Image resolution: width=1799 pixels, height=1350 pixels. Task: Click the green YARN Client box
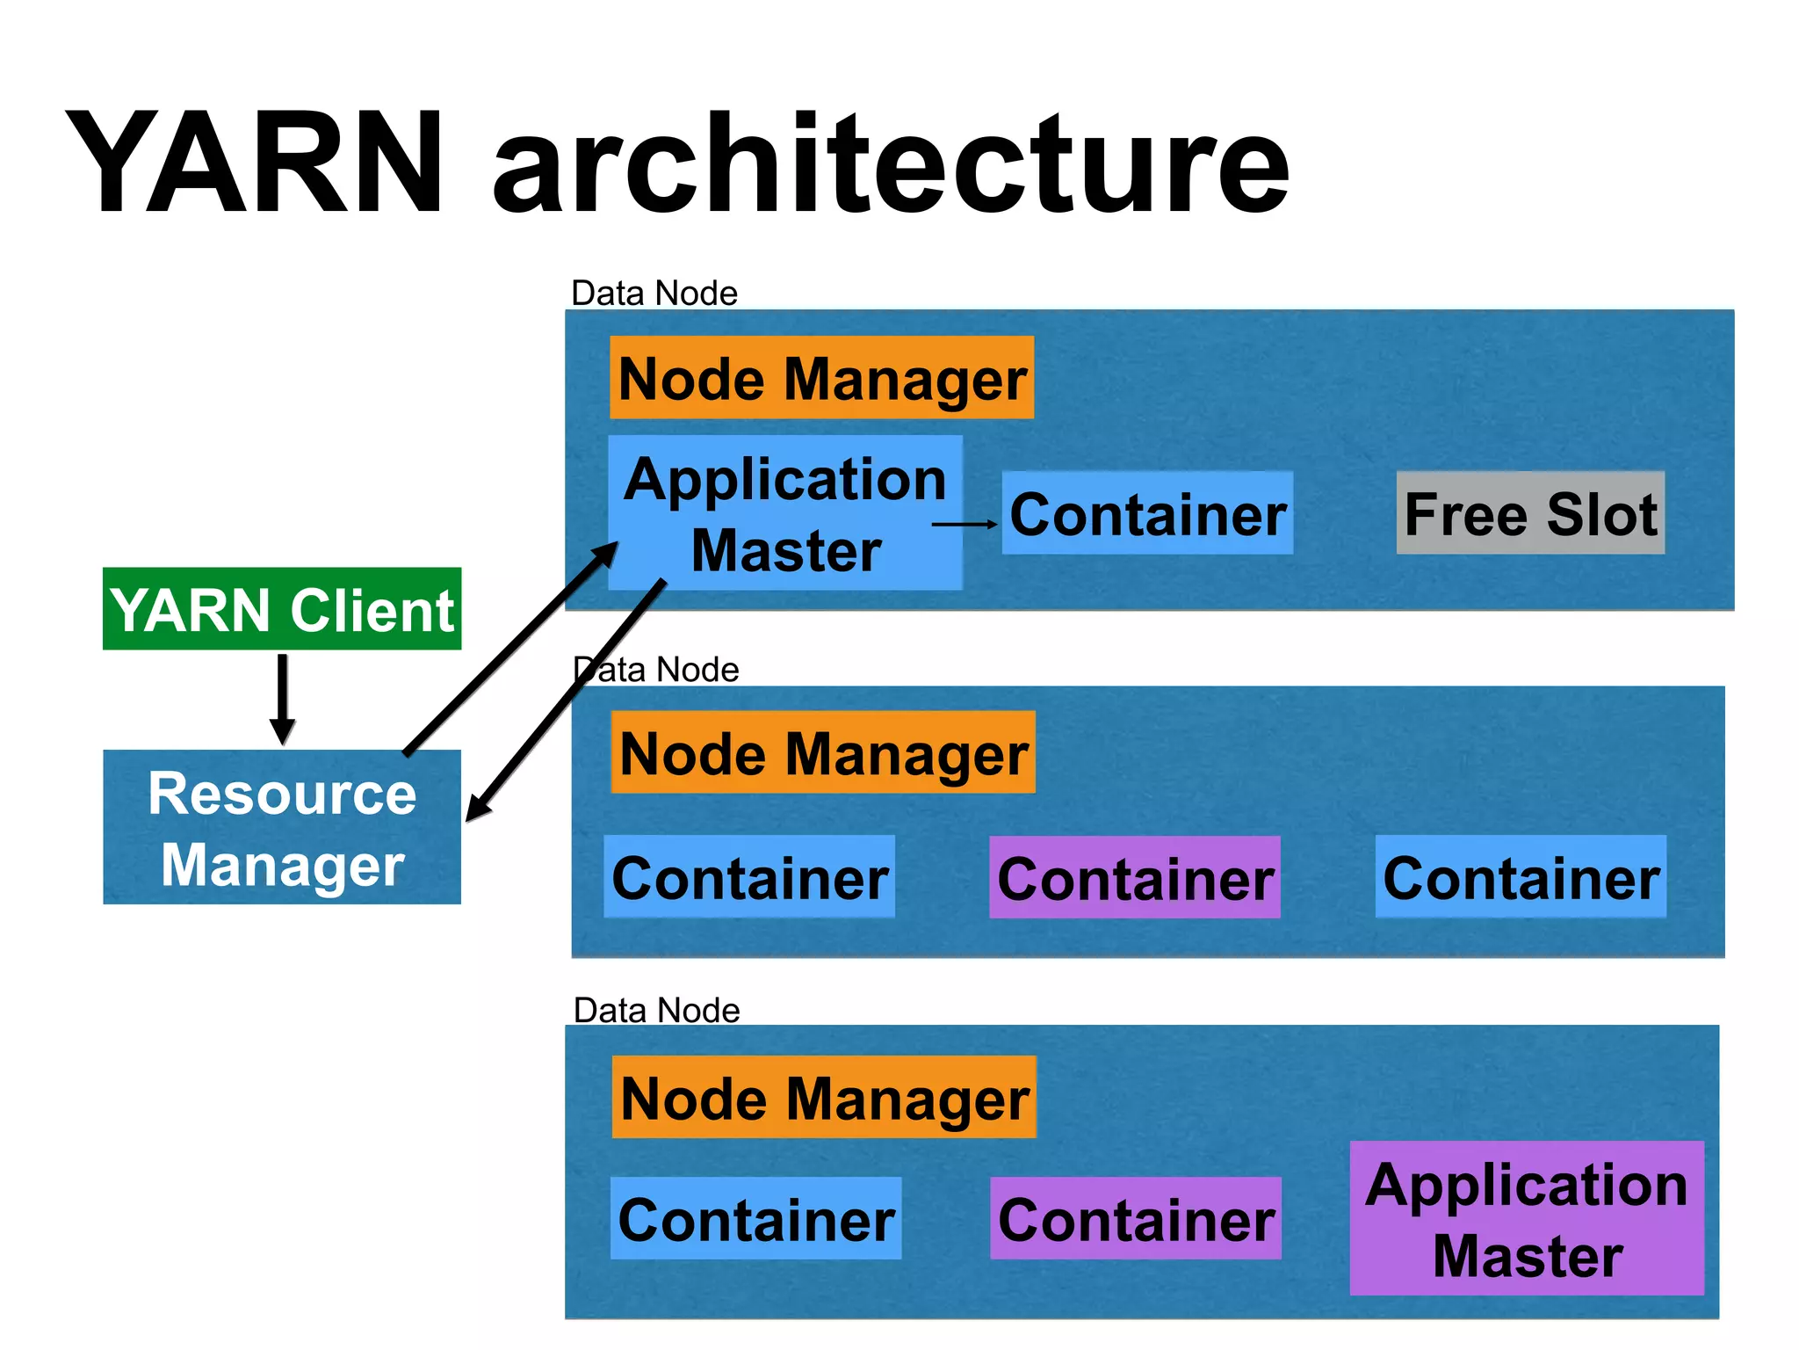pos(282,609)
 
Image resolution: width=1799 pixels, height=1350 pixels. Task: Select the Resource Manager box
pos(282,827)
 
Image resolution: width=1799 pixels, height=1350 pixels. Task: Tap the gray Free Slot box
pos(1530,513)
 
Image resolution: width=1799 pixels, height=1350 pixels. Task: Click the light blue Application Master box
pos(785,513)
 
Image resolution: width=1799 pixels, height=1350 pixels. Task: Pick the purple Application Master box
pos(1527,1218)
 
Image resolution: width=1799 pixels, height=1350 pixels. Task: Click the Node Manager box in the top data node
pos(821,378)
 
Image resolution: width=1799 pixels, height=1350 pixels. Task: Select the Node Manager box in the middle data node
pos(823,753)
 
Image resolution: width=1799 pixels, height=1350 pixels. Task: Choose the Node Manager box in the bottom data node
pos(824,1098)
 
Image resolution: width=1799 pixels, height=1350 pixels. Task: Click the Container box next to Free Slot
pos(1147,513)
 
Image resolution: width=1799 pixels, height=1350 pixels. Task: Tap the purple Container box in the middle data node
pos(1135,878)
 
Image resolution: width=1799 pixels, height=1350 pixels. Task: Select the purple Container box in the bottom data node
pos(1136,1219)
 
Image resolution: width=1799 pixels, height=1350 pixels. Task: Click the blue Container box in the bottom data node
pos(755,1219)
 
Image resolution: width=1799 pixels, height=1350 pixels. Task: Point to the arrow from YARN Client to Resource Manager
pos(282,700)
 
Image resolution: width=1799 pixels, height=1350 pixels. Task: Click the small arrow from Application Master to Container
pos(965,524)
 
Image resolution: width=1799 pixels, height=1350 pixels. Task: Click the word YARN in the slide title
pos(255,163)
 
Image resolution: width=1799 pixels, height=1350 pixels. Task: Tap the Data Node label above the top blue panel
pos(654,294)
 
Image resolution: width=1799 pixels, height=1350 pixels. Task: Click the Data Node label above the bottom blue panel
pos(656,1011)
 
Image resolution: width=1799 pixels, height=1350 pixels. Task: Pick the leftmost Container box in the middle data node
pos(749,877)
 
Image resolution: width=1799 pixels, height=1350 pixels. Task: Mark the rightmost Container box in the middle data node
pos(1521,877)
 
